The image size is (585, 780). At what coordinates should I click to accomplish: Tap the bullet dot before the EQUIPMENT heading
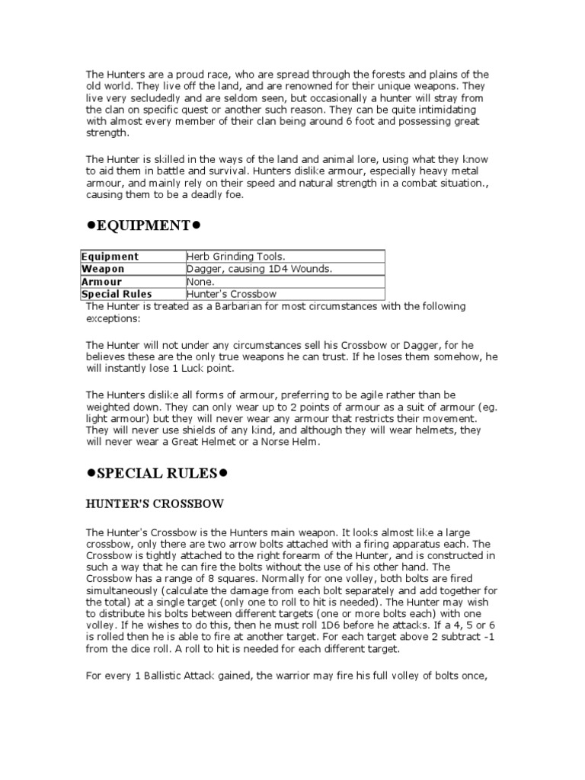pos(90,226)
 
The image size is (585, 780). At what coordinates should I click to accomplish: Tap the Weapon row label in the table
pos(103,269)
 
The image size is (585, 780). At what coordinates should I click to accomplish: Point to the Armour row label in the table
pos(102,281)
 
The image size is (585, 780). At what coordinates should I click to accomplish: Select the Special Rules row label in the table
pos(117,293)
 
